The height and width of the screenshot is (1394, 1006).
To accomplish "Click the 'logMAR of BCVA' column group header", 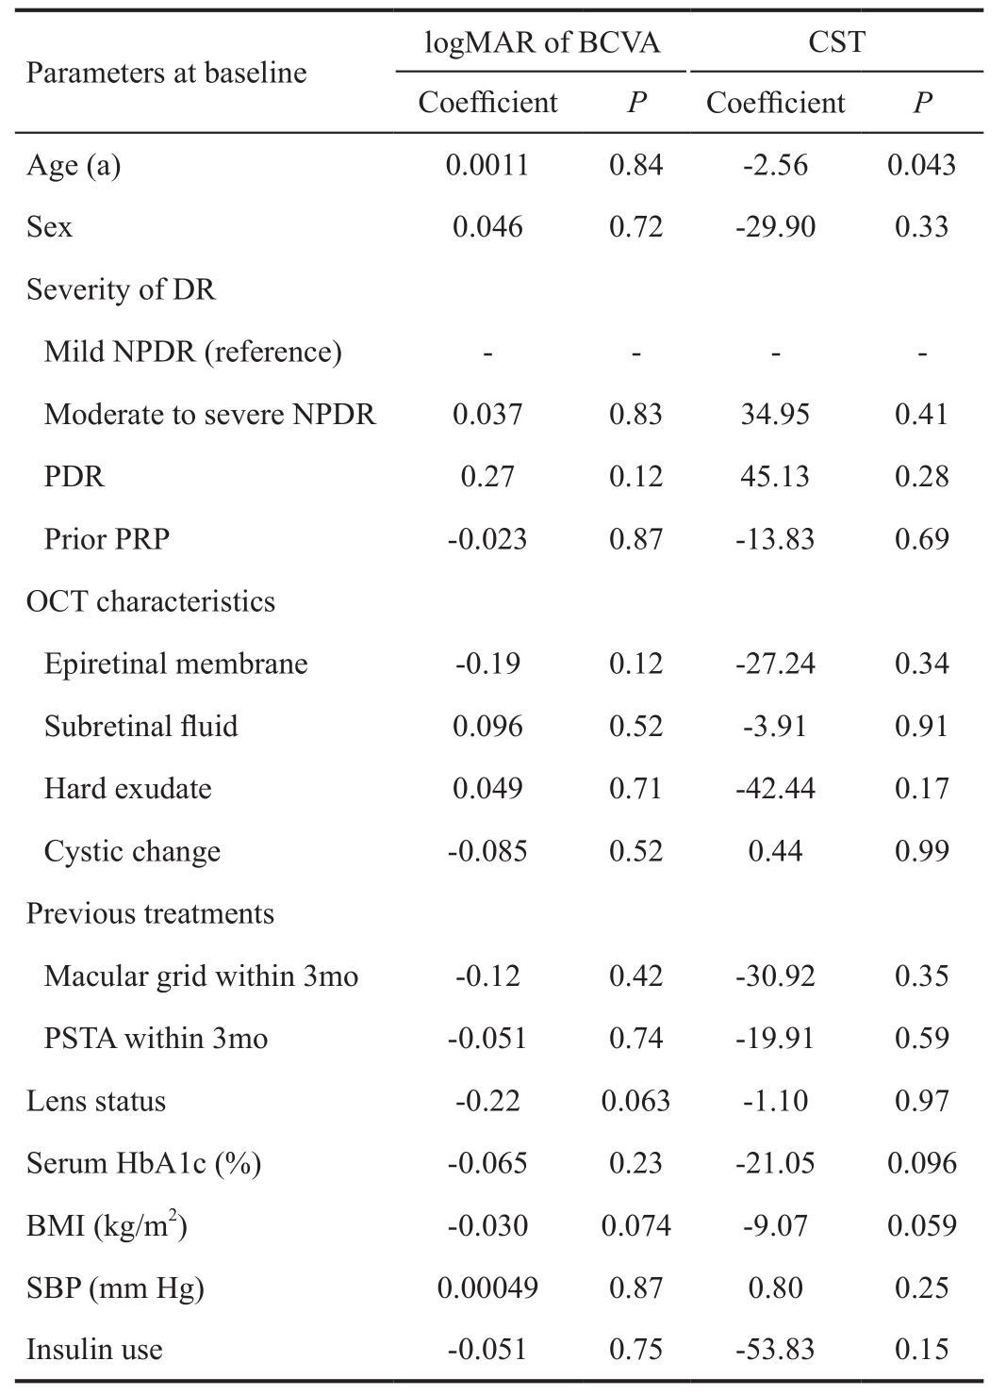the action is click(x=541, y=43).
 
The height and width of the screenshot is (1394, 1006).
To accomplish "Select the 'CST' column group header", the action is click(x=836, y=42).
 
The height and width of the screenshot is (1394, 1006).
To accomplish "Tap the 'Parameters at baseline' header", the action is click(x=166, y=74).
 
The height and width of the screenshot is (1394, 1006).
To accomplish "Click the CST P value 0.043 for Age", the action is click(x=921, y=165).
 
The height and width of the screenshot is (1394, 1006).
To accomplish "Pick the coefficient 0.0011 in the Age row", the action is click(x=487, y=165).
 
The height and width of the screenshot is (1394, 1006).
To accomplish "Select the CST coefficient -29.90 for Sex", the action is click(x=775, y=227).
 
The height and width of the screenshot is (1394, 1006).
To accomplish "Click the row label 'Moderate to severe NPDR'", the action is click(x=210, y=415).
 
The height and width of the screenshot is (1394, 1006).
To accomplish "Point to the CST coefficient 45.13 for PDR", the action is click(x=775, y=477).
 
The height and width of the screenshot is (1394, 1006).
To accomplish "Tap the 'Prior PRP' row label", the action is click(x=107, y=539).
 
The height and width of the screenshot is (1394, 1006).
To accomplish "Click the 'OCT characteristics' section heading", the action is click(x=151, y=601).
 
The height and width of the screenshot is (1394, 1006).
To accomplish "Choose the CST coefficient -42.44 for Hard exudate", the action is click(x=775, y=789).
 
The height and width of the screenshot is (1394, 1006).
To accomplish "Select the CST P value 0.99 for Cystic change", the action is click(x=921, y=851).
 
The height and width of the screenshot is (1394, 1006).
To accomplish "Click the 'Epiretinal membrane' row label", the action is click(x=175, y=664).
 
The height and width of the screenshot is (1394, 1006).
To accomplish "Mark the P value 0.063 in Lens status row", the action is click(x=635, y=1101).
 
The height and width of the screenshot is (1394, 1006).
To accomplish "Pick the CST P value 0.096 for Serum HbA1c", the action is click(x=921, y=1163).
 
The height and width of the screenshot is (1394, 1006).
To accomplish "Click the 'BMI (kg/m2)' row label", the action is click(x=107, y=1224).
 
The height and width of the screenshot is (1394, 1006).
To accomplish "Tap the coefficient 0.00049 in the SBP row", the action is click(x=487, y=1287).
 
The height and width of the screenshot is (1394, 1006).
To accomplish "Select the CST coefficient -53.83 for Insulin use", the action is click(x=775, y=1350).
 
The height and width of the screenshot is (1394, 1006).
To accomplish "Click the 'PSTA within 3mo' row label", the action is click(x=156, y=1038).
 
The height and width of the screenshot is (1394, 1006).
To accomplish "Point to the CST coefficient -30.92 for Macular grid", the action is click(x=775, y=976).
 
